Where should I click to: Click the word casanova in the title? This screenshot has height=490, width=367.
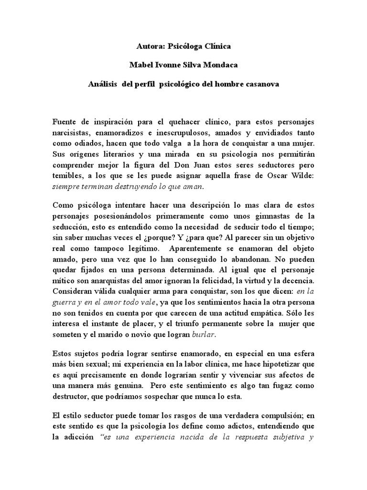pyautogui.click(x=261, y=83)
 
